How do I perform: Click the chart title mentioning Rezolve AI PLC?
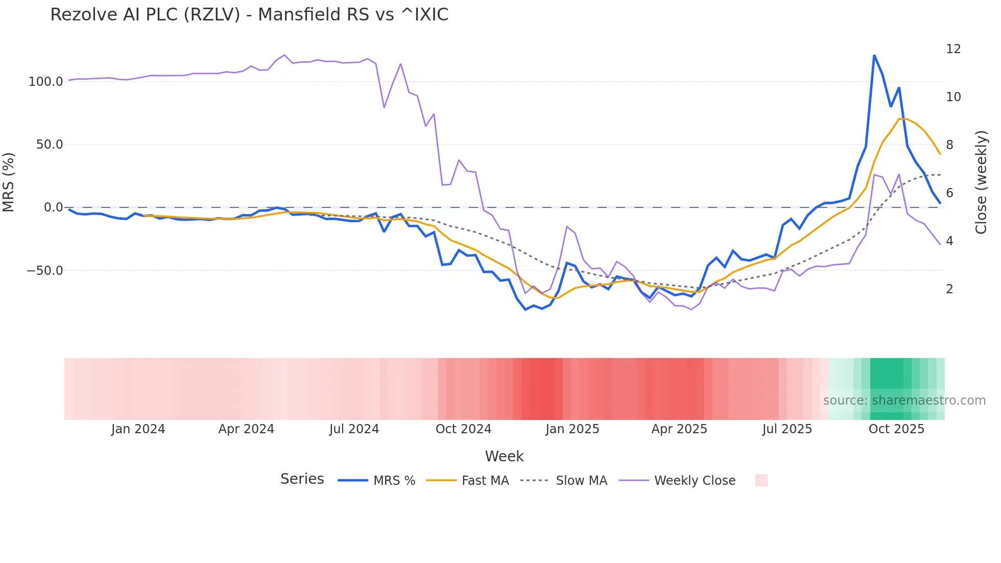[249, 15]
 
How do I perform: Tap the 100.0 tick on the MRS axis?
[45, 82]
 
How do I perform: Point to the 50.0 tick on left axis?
[49, 145]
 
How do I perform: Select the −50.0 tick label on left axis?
[45, 271]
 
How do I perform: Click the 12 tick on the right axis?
[953, 49]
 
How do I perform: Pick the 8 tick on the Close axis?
[949, 145]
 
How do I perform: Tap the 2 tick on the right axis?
[949, 289]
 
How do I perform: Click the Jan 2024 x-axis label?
[138, 429]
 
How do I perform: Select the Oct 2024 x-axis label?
[463, 429]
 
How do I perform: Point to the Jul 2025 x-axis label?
[787, 429]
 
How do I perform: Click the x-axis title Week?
[504, 456]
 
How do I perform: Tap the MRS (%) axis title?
[9, 182]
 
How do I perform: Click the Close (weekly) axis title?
[981, 182]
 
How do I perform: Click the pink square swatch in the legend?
[761, 480]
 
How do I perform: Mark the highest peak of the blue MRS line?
[874, 55]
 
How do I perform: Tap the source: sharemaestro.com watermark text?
[904, 401]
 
